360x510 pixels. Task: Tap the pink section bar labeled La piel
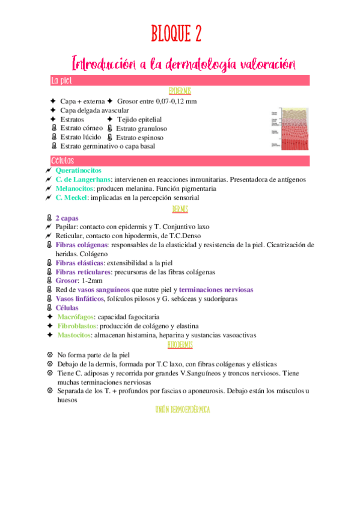pyautogui.click(x=180, y=80)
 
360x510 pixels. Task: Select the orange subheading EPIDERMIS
pyautogui.click(x=180, y=90)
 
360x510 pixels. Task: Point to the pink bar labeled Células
pyautogui.click(x=180, y=161)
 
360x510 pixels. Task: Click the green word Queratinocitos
pyautogui.click(x=78, y=171)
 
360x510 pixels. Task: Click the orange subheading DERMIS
pyautogui.click(x=180, y=208)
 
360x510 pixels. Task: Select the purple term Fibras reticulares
pyautogui.click(x=83, y=271)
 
